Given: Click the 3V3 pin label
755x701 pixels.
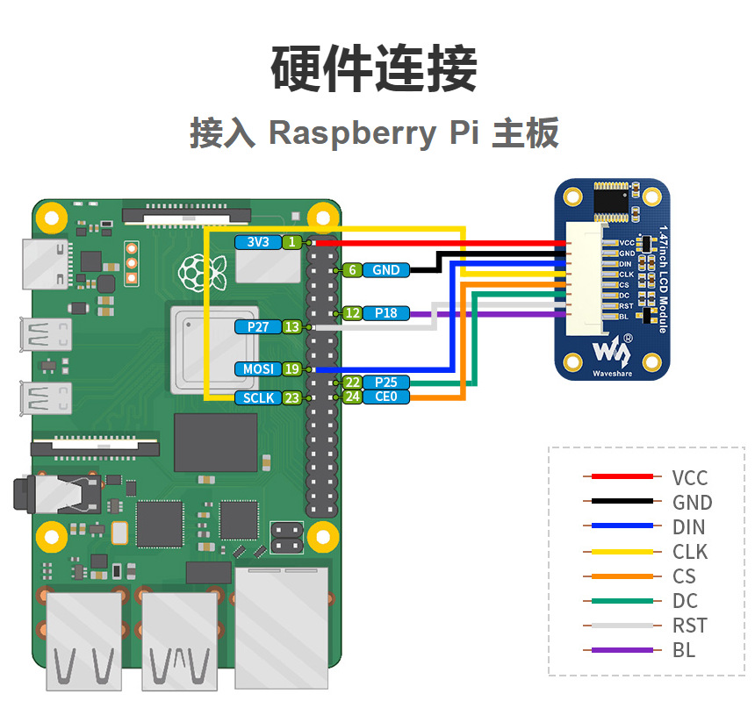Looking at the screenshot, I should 257,242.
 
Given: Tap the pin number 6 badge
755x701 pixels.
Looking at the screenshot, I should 352,270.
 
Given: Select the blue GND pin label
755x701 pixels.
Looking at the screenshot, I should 385,270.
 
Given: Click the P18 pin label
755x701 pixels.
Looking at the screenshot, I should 385,312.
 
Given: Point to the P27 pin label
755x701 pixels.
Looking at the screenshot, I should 257,326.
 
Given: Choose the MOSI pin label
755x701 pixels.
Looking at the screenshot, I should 257,369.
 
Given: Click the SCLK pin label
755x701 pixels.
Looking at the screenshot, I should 257,397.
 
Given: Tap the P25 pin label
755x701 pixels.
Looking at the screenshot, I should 385,383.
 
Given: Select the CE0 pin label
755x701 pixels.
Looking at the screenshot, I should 385,397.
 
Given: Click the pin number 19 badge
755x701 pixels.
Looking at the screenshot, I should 291,369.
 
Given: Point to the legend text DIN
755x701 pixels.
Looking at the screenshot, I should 688,527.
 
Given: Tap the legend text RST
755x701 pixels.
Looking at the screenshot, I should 689,626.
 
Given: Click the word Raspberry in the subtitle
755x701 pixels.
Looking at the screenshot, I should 351,133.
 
